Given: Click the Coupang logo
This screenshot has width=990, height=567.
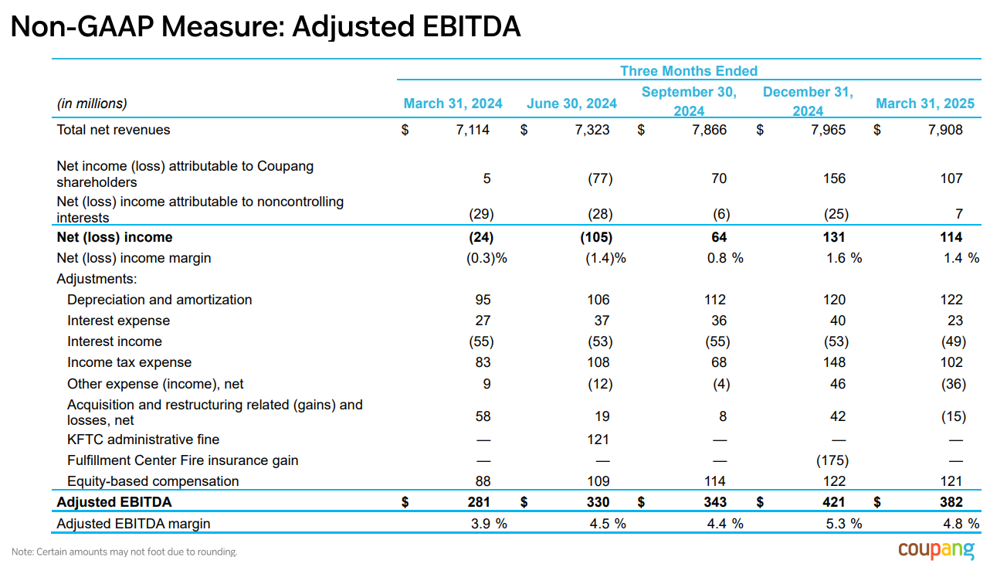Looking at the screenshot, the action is [936, 550].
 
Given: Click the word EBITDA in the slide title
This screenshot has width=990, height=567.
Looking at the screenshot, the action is [472, 26].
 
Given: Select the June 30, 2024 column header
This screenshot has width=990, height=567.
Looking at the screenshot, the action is [571, 104].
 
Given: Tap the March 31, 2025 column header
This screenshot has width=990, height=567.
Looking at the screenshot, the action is [925, 104].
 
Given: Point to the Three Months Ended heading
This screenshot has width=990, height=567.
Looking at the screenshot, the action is [689, 71].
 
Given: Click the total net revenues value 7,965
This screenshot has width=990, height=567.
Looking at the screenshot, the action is [829, 130].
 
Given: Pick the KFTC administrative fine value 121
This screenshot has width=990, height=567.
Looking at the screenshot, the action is [598, 440].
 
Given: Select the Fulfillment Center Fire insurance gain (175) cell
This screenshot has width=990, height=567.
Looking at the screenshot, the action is [832, 460].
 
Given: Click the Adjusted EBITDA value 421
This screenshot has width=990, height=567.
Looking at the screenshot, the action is [833, 502].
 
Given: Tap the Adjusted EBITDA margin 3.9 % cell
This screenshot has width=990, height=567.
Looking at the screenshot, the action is [489, 524].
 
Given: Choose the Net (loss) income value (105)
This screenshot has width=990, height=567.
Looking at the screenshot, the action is [596, 237].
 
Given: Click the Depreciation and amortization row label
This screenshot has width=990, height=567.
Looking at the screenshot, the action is [160, 300].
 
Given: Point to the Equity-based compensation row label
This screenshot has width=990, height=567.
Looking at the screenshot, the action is [153, 481].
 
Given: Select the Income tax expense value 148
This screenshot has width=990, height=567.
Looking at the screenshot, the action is [834, 362].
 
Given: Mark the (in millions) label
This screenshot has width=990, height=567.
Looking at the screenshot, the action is [92, 104].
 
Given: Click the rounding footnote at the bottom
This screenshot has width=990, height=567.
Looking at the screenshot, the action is [124, 552].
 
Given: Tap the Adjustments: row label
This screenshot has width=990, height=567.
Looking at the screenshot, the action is [97, 279].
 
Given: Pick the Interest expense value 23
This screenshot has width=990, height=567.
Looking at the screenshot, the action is [955, 321].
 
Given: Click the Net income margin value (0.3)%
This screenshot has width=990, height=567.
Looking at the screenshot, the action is [487, 258].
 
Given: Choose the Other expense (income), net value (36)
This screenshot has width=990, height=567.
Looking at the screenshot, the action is [953, 384].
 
